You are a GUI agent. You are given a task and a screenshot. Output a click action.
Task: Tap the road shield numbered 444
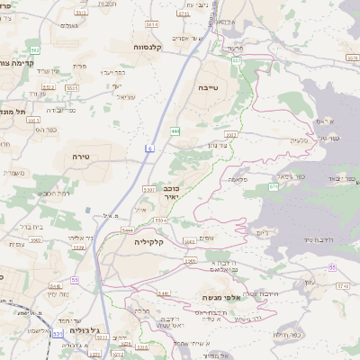[175, 131]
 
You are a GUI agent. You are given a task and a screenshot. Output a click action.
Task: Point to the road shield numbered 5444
[128, 230]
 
